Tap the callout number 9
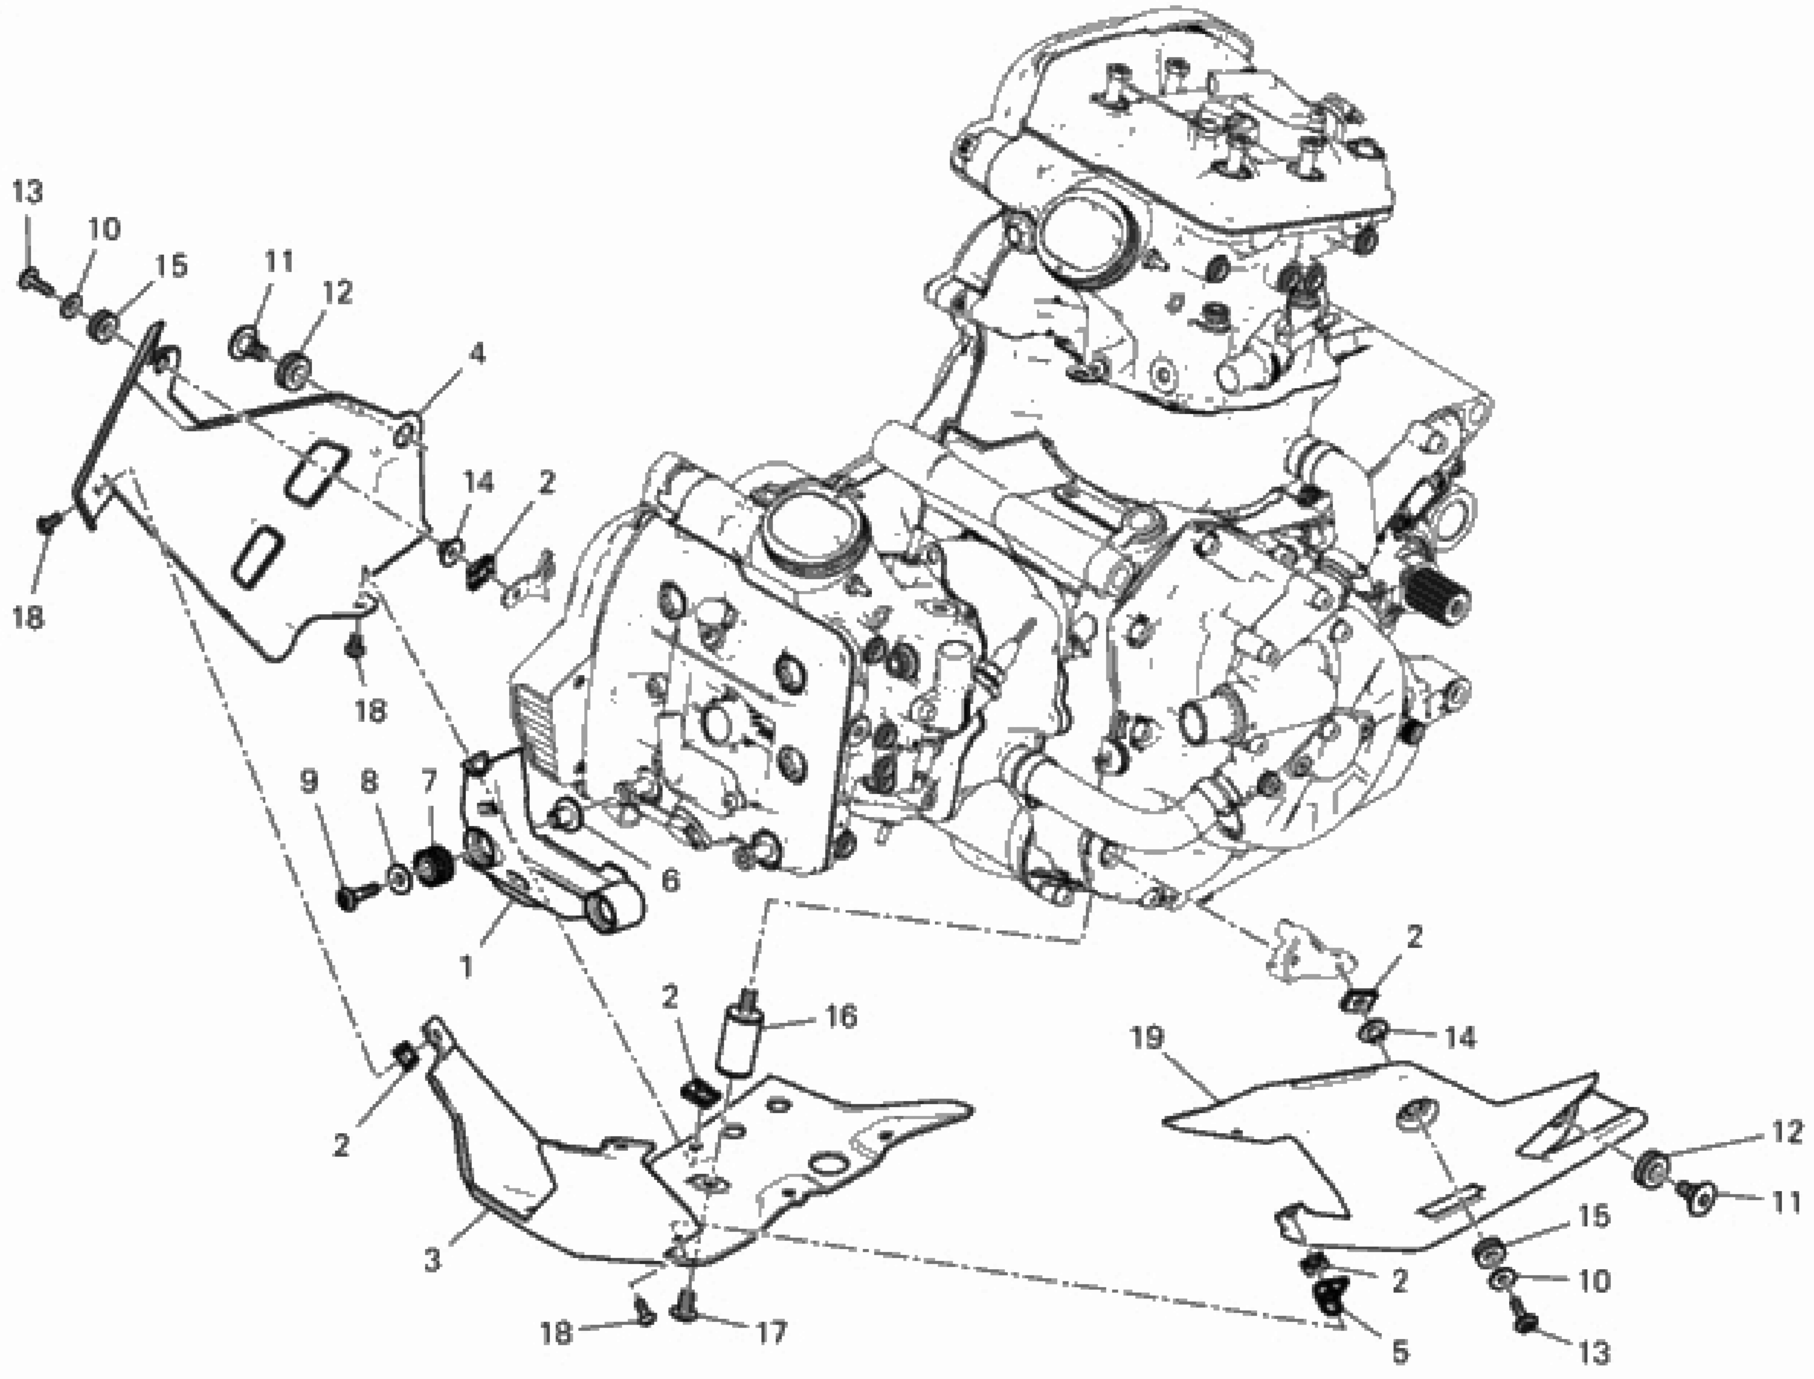[309, 782]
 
